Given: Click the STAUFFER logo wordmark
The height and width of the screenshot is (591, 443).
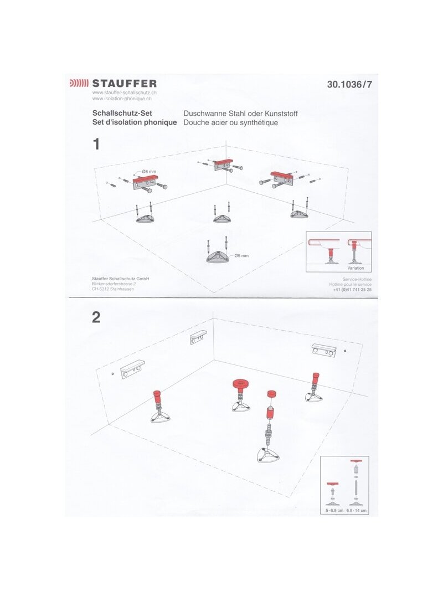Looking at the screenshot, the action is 124,83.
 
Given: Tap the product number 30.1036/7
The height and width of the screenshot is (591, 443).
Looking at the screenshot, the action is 349,84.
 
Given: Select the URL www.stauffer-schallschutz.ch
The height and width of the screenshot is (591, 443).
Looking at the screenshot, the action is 124,92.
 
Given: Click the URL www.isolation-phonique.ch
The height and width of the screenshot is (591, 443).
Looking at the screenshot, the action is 122,99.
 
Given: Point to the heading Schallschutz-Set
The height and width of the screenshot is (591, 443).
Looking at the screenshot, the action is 122,113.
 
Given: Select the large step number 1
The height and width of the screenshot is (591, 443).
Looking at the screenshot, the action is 96,144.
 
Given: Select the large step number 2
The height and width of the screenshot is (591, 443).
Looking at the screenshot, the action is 96,317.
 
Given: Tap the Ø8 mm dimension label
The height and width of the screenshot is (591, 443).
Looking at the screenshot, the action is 149,172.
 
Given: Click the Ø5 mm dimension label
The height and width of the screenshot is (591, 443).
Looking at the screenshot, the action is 241,255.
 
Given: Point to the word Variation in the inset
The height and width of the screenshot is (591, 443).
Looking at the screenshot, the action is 356,268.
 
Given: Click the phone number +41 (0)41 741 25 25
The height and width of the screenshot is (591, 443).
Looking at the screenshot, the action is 352,290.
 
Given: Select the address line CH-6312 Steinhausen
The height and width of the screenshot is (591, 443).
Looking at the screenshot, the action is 112,289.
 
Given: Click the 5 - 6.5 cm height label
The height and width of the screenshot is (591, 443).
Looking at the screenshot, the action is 334,511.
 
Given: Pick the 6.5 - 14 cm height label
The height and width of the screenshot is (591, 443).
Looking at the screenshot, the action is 357,511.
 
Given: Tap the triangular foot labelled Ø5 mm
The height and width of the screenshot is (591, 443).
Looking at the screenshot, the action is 218,256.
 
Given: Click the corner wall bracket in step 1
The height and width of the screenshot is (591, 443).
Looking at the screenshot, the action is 224,165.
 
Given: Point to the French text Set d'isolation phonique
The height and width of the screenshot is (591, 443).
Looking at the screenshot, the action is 135,122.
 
